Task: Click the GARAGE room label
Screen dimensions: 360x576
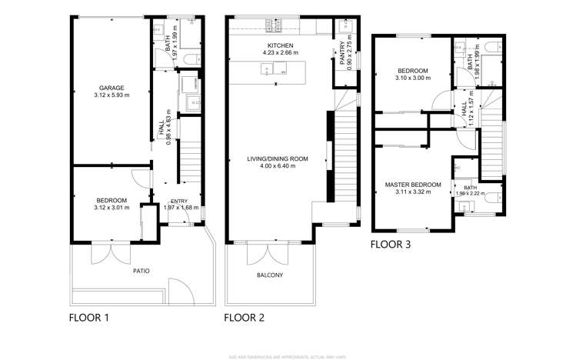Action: click(x=112, y=88)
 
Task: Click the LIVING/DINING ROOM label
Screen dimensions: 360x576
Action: click(x=277, y=158)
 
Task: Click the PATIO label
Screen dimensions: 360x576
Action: click(x=140, y=271)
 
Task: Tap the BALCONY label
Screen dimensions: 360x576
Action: click(x=269, y=275)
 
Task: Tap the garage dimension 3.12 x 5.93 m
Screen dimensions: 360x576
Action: click(x=112, y=95)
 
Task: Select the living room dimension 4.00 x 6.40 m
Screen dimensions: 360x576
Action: click(x=277, y=166)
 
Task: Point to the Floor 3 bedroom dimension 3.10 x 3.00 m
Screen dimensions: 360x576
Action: click(x=412, y=78)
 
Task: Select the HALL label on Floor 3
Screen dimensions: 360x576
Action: click(x=464, y=110)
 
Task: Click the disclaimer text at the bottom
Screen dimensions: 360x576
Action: click(x=288, y=355)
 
